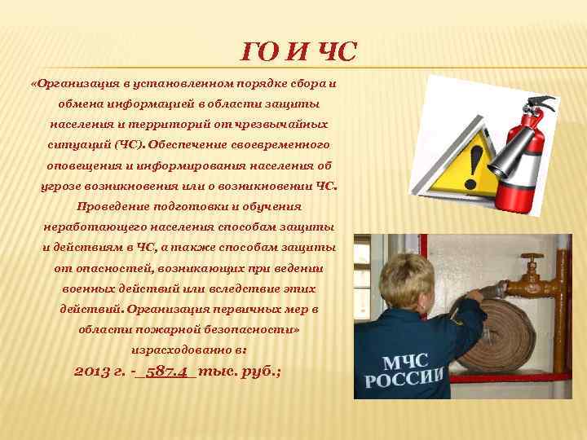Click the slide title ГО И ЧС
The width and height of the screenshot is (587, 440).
[x=299, y=54]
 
